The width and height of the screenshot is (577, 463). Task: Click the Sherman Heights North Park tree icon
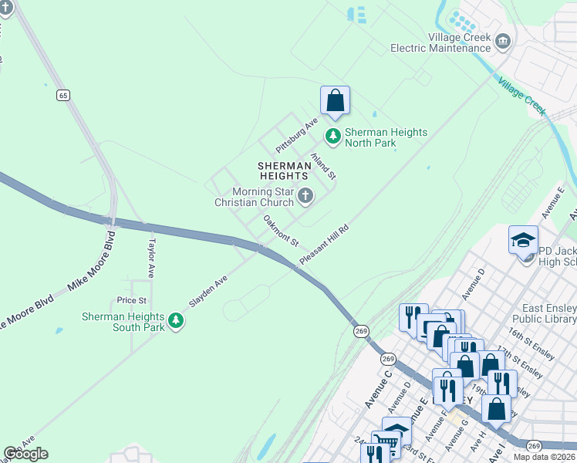pyautogui.click(x=333, y=137)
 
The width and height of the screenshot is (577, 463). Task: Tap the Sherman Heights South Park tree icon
pyautogui.click(x=176, y=321)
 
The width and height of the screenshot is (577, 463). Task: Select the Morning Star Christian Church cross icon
pyautogui.click(x=305, y=197)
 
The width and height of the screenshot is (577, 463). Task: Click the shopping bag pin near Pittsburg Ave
pyautogui.click(x=335, y=100)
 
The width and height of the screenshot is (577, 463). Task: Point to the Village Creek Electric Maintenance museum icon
pyautogui.click(x=504, y=40)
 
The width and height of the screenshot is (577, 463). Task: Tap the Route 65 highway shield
pyautogui.click(x=63, y=95)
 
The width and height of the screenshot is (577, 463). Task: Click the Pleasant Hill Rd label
pyautogui.click(x=325, y=245)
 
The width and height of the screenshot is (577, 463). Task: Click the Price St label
pyautogui.click(x=131, y=300)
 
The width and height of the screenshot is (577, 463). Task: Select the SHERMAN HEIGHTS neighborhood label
pyautogui.click(x=284, y=171)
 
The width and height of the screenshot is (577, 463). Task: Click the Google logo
pyautogui.click(x=25, y=454)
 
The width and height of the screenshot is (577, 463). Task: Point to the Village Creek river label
pyautogui.click(x=521, y=96)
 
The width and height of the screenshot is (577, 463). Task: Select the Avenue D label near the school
pyautogui.click(x=472, y=285)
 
